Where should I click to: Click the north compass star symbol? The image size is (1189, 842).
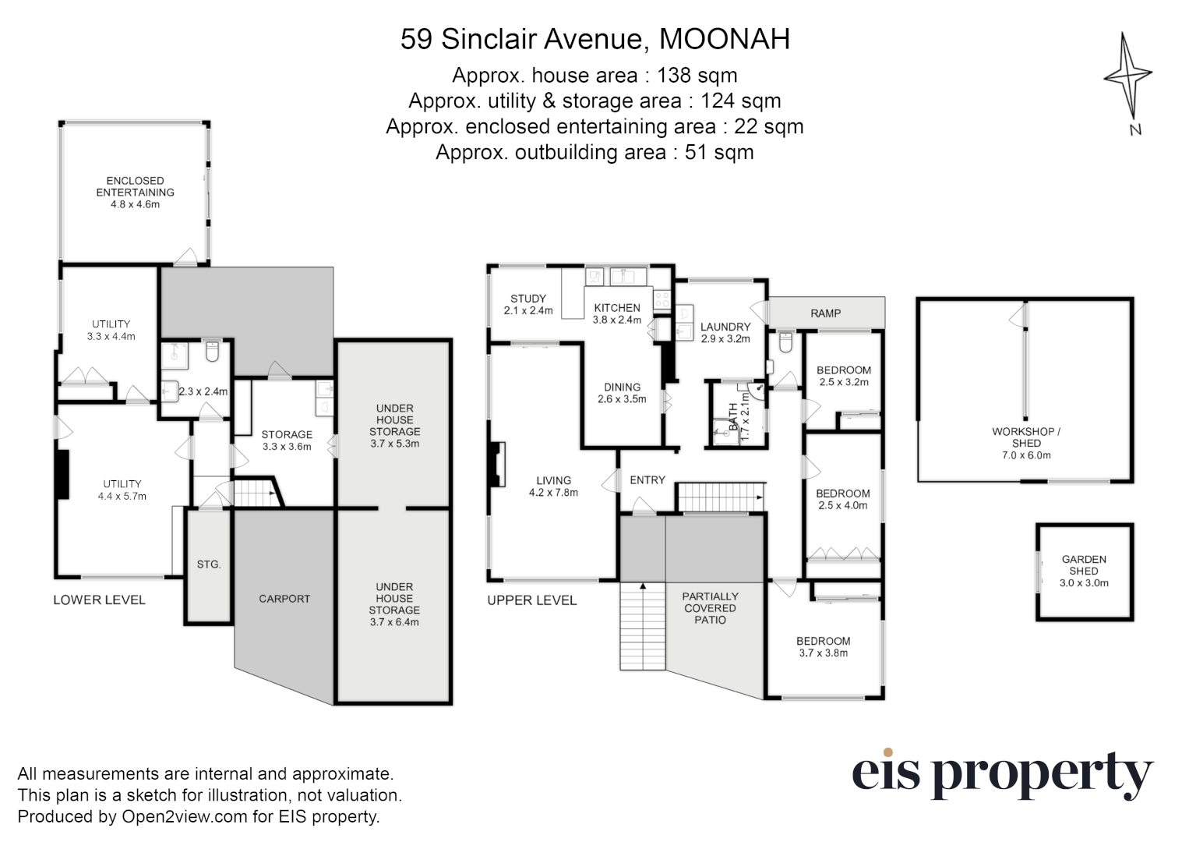point(1127,76)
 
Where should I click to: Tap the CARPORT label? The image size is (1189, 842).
point(284,599)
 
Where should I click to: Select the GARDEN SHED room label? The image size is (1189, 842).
point(1084,565)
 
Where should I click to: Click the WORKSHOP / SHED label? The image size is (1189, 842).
point(1025,437)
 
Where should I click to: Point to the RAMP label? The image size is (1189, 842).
point(825,313)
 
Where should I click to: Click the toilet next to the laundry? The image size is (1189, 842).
point(785,341)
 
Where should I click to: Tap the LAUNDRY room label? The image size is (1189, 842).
point(725,327)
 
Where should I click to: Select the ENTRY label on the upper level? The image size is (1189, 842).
point(647,480)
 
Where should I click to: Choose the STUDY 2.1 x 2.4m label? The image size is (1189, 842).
point(528,304)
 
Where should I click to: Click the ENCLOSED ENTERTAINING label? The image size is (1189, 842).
point(135,186)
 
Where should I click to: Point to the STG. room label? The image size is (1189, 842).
point(209,564)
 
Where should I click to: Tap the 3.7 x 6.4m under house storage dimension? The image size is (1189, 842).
point(394,622)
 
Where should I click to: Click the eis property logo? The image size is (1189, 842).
point(1001,773)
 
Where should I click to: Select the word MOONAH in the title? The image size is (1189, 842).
point(725,39)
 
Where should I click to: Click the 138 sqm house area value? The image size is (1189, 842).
point(697,76)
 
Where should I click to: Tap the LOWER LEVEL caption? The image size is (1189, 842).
point(99,600)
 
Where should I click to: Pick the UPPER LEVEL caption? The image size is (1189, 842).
point(532,600)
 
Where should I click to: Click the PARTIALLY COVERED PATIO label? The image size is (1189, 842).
point(710,608)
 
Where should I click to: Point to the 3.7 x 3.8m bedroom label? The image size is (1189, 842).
point(824,653)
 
